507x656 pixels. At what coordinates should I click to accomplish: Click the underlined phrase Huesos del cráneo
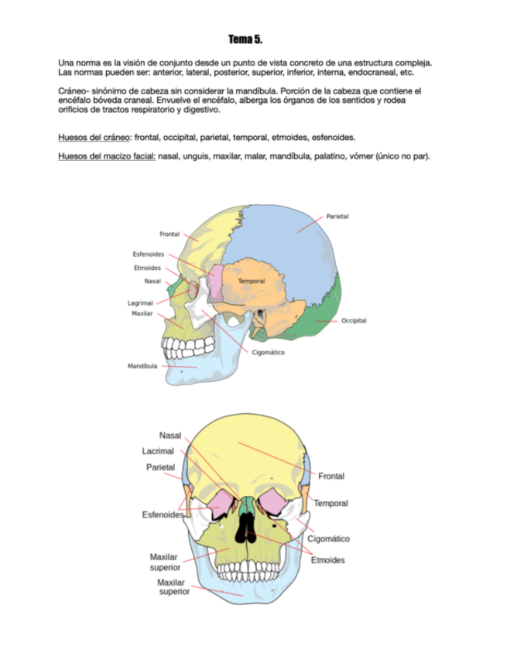coord(94,137)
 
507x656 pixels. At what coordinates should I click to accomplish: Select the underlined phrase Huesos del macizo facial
coord(106,156)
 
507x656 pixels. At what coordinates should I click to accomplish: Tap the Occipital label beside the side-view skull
coord(354,320)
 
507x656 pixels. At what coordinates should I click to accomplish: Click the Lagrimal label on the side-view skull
coord(140,303)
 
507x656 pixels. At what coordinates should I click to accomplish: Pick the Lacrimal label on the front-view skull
coord(158,450)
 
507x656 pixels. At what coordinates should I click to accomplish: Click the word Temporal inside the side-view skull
coord(252,281)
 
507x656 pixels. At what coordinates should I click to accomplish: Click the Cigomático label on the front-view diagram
coord(328,538)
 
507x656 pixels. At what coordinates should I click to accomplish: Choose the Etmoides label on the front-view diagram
coord(327,560)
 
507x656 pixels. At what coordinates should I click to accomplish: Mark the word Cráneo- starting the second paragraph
coord(76,91)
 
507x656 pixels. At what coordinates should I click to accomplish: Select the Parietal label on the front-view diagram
coord(160,466)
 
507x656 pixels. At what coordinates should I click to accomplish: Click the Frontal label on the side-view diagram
coord(170,234)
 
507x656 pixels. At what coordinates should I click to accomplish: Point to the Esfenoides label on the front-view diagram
coord(163,514)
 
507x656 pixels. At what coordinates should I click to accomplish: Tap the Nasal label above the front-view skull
coord(170,436)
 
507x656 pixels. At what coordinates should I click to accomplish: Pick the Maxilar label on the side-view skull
coord(142,314)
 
